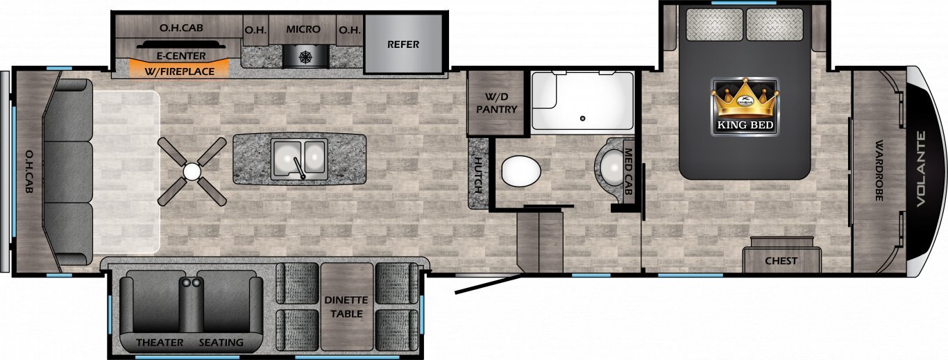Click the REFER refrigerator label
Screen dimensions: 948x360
click(x=403, y=44)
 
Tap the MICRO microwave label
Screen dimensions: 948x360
click(x=303, y=29)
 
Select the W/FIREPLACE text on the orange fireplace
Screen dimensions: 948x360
click(x=180, y=71)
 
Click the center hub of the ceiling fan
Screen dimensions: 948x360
click(x=192, y=171)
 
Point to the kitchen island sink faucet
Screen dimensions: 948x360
click(x=298, y=168)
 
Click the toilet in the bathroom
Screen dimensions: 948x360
click(x=521, y=171)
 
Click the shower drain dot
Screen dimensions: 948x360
click(x=583, y=119)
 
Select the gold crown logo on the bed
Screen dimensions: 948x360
click(x=745, y=98)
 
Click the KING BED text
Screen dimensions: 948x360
click(x=745, y=125)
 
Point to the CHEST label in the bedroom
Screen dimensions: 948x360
click(x=781, y=261)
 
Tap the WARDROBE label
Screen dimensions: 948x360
click(x=879, y=171)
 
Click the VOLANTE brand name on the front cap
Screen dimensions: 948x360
click(x=920, y=169)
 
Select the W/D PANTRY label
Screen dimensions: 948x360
click(x=497, y=103)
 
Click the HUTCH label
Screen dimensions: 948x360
click(x=478, y=175)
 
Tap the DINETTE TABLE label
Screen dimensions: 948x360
click(x=346, y=307)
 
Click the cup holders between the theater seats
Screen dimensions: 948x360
click(x=191, y=282)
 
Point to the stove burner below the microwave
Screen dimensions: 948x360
click(x=305, y=57)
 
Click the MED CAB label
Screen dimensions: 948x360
click(x=628, y=171)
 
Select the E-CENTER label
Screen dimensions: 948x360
click(x=181, y=56)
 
